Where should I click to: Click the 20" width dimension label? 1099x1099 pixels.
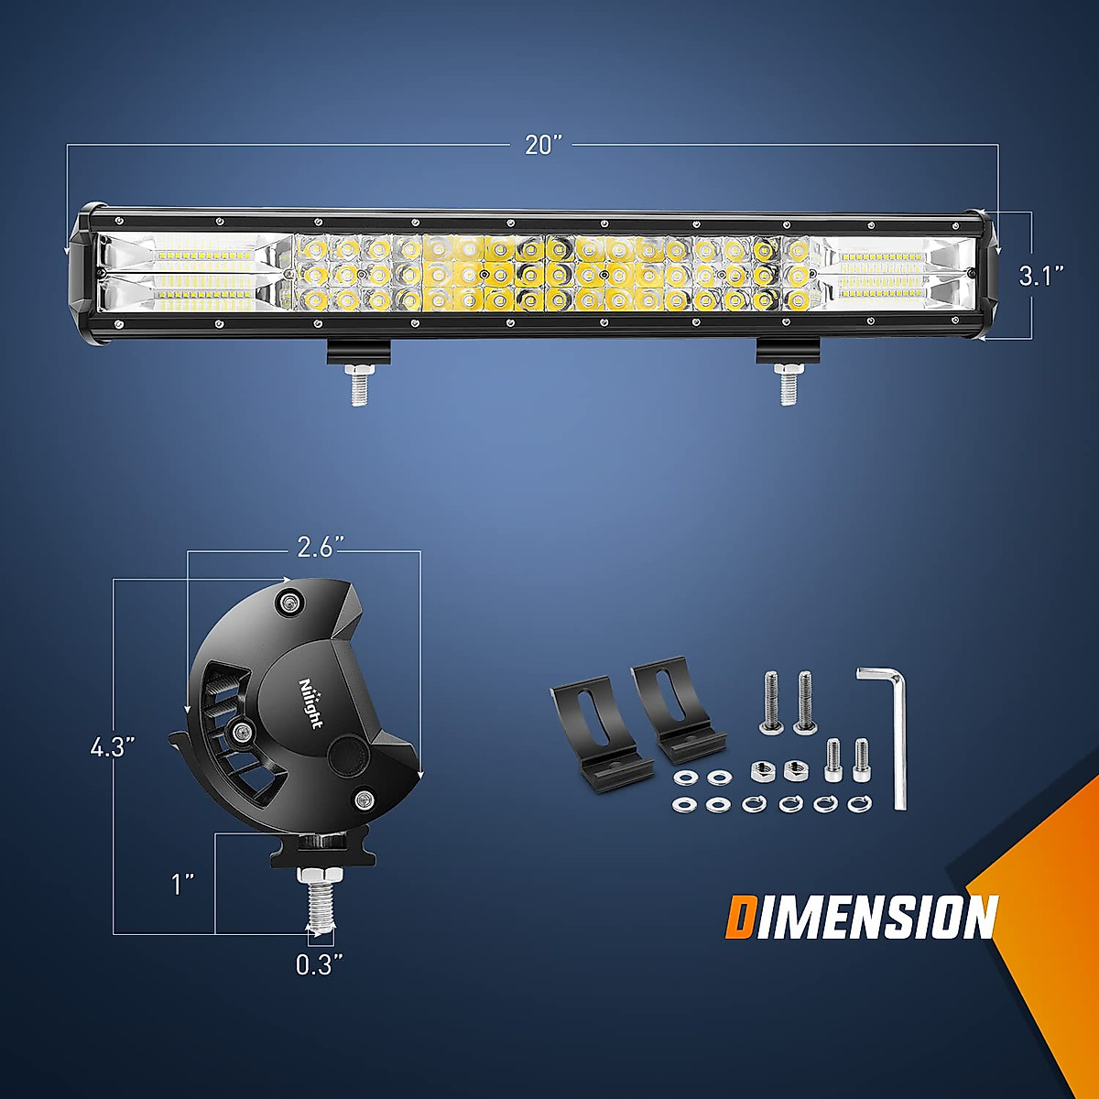pos(543,146)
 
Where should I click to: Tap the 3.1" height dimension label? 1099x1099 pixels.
pos(1041,276)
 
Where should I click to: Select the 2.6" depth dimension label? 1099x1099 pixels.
pos(321,547)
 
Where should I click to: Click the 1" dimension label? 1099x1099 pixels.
pos(183,884)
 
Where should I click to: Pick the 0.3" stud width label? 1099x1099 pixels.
pos(319,964)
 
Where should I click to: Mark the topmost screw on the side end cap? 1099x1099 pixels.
pos(291,601)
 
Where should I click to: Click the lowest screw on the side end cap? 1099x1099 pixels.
pos(364,799)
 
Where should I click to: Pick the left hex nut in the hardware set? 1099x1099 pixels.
pos(761,769)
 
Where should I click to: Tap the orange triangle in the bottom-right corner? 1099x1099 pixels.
pos(1044,916)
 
